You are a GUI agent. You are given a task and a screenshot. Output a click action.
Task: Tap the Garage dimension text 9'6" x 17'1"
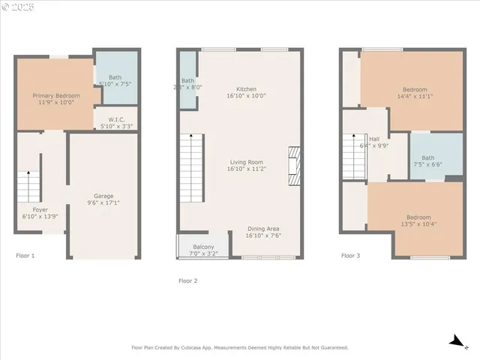103,202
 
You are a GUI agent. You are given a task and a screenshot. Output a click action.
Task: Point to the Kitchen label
246,88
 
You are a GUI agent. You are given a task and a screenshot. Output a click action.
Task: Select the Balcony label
203,247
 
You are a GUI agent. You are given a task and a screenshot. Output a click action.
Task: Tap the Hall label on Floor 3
373,139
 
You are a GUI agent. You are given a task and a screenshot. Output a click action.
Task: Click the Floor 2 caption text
187,280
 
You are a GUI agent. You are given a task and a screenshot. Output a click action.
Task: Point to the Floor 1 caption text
25,256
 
